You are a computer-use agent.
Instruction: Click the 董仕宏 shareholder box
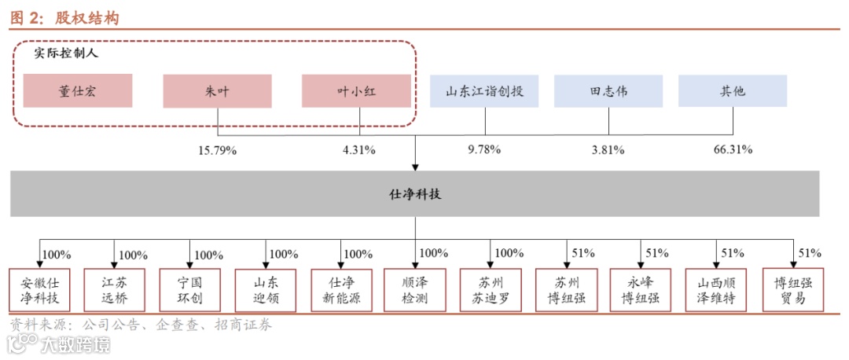78,91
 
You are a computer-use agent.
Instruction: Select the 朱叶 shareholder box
217,91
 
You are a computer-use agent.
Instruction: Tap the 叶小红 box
356,91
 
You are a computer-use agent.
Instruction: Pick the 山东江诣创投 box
484,91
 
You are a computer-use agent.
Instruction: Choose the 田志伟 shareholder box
608,91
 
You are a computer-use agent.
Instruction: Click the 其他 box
733,91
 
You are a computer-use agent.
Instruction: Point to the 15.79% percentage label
217,149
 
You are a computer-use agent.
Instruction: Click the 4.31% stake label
359,149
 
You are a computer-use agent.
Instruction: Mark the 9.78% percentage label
484,149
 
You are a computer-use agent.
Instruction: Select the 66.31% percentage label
733,149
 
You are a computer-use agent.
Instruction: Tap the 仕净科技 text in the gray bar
415,193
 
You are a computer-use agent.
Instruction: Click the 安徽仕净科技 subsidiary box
40,291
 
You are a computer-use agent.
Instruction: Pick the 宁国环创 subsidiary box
190,291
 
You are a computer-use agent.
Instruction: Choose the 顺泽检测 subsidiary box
415,291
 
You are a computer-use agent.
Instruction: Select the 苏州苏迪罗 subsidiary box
491,291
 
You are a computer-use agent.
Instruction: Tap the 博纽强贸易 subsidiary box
790,291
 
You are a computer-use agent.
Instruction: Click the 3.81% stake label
608,149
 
